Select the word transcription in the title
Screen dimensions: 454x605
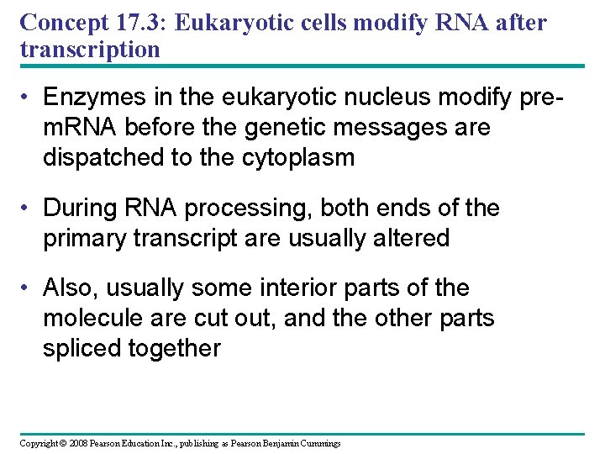pyautogui.click(x=90, y=49)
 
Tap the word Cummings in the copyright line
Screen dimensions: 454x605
pyautogui.click(x=318, y=443)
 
